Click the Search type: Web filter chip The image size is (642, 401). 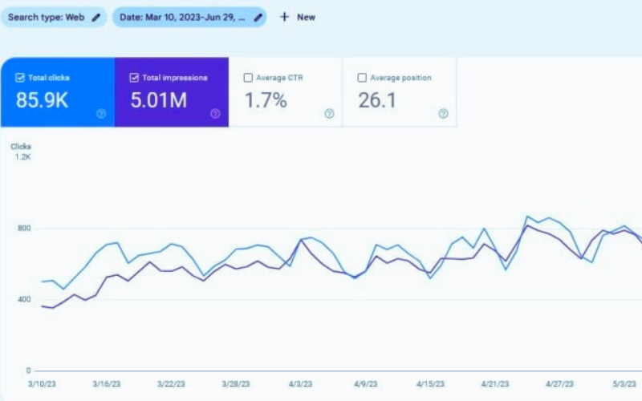[53, 17]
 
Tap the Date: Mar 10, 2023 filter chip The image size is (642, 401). [189, 17]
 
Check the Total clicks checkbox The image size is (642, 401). [20, 78]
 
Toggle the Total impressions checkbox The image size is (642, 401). [134, 78]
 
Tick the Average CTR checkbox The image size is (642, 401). [248, 78]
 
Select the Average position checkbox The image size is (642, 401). [362, 78]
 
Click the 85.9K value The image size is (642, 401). [43, 101]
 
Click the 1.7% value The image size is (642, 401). [265, 101]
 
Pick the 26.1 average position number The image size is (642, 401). [377, 101]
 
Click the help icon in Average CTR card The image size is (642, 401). [329, 114]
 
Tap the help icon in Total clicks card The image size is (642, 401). [101, 114]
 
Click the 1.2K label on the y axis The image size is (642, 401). [22, 157]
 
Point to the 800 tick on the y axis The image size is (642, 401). [24, 229]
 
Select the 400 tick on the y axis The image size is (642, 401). [24, 300]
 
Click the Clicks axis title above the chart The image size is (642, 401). [20, 146]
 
